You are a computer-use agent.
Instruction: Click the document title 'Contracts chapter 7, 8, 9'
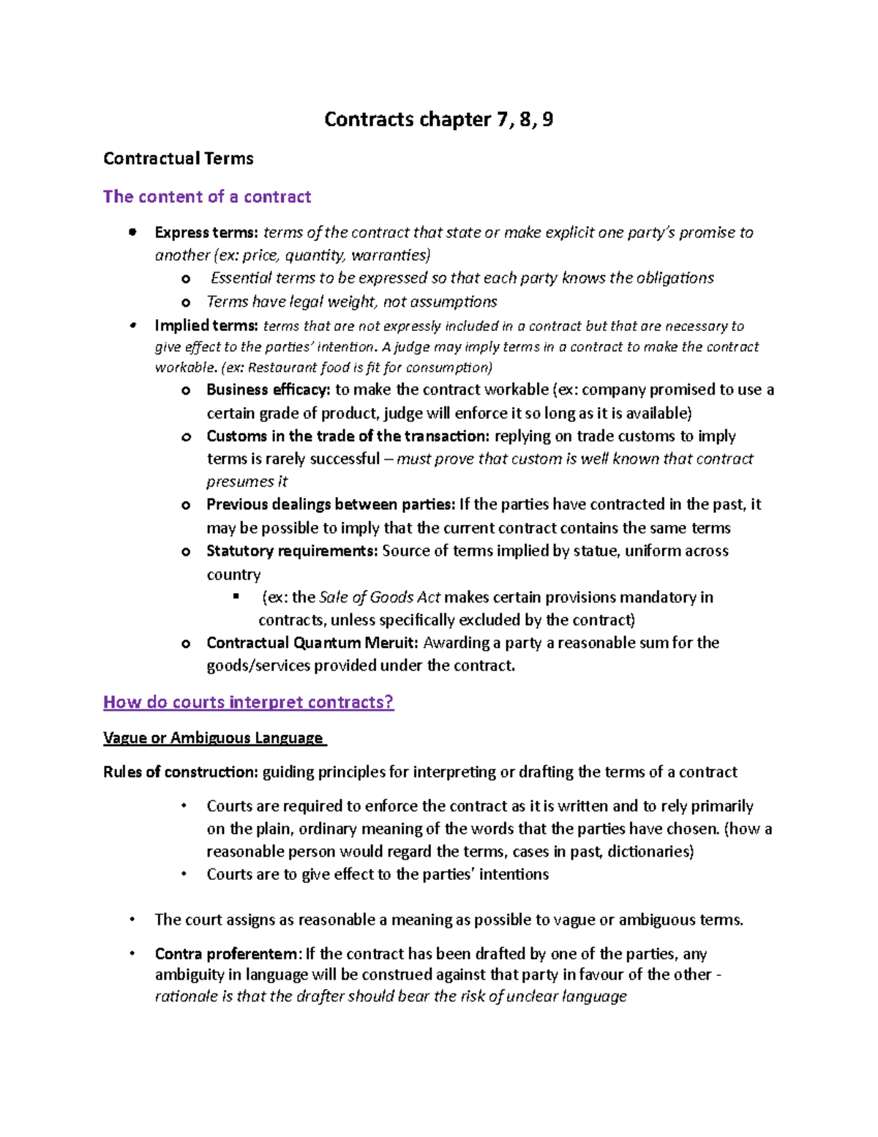click(438, 119)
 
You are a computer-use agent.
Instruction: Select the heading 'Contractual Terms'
click(179, 159)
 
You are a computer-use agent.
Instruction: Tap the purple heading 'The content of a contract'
click(207, 197)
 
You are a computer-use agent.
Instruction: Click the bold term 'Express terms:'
click(206, 233)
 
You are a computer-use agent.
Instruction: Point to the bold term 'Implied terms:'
click(206, 326)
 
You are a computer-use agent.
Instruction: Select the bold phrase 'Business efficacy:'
click(269, 390)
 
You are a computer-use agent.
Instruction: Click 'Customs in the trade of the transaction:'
click(348, 436)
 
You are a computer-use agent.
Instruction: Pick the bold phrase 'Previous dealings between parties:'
click(331, 504)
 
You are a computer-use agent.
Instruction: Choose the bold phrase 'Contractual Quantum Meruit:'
click(313, 643)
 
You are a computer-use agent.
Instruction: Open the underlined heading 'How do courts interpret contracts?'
click(249, 702)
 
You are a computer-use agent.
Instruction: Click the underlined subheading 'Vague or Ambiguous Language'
click(213, 738)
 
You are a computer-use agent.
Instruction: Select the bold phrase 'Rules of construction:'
click(181, 772)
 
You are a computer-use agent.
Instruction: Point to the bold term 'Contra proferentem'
click(226, 954)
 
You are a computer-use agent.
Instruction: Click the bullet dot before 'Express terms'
click(132, 233)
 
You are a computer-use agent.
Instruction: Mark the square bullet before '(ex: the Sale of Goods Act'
click(236, 597)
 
